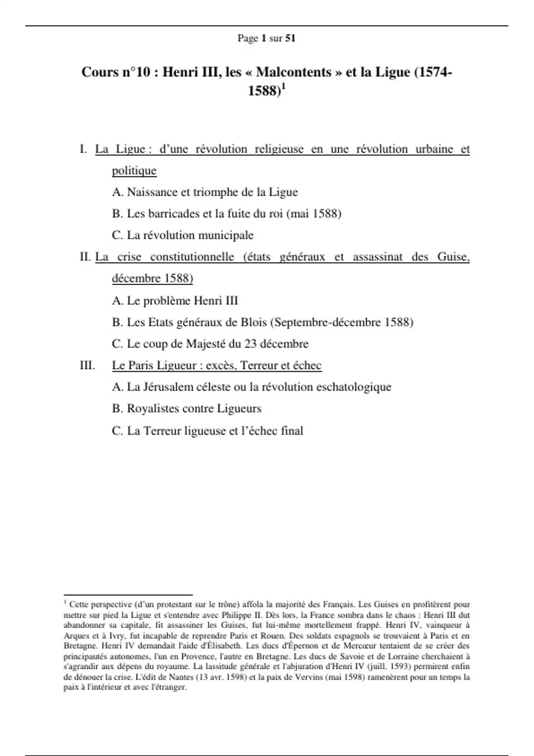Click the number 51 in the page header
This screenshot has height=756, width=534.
click(x=290, y=38)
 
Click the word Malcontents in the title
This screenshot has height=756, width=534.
click(x=294, y=72)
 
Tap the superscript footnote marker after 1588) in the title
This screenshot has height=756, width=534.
click(x=283, y=87)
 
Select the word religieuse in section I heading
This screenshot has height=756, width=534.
click(x=279, y=149)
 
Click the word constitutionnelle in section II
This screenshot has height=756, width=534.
click(x=192, y=257)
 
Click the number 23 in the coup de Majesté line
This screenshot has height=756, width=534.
click(x=250, y=344)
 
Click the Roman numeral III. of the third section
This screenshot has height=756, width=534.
click(x=87, y=366)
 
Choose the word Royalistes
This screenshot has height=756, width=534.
click(x=153, y=409)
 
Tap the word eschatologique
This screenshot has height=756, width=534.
click(x=353, y=387)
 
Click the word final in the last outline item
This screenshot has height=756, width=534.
click(x=292, y=430)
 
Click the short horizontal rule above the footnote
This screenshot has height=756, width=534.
click(x=128, y=595)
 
